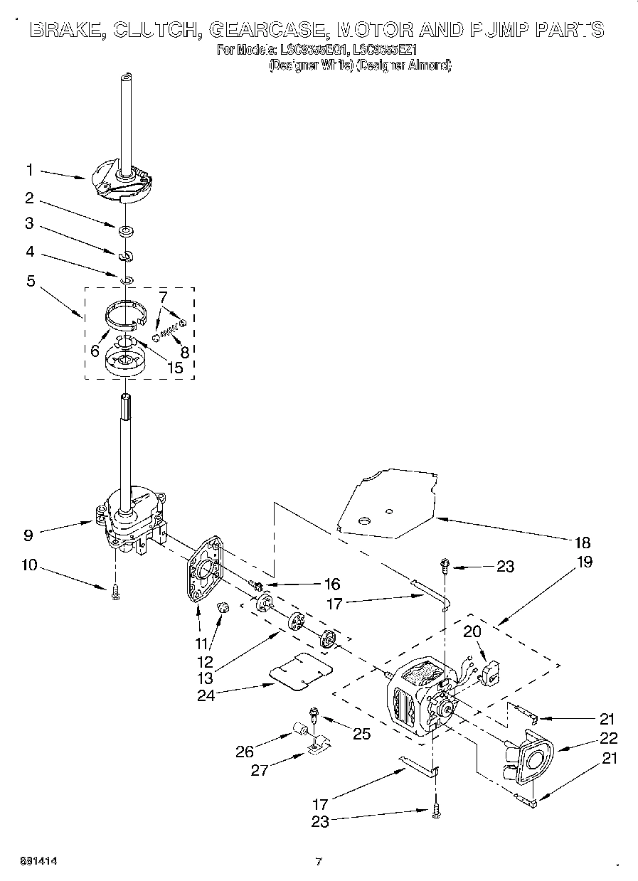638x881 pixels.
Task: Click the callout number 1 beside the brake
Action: (30, 170)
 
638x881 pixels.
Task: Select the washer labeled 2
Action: (125, 230)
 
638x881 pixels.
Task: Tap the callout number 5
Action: (30, 281)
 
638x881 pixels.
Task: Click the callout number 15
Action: (174, 368)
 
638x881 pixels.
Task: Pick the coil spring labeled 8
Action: (169, 329)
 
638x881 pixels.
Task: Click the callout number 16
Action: (331, 584)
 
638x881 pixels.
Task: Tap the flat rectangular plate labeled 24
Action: (302, 670)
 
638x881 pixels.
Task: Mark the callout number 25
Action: (361, 734)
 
